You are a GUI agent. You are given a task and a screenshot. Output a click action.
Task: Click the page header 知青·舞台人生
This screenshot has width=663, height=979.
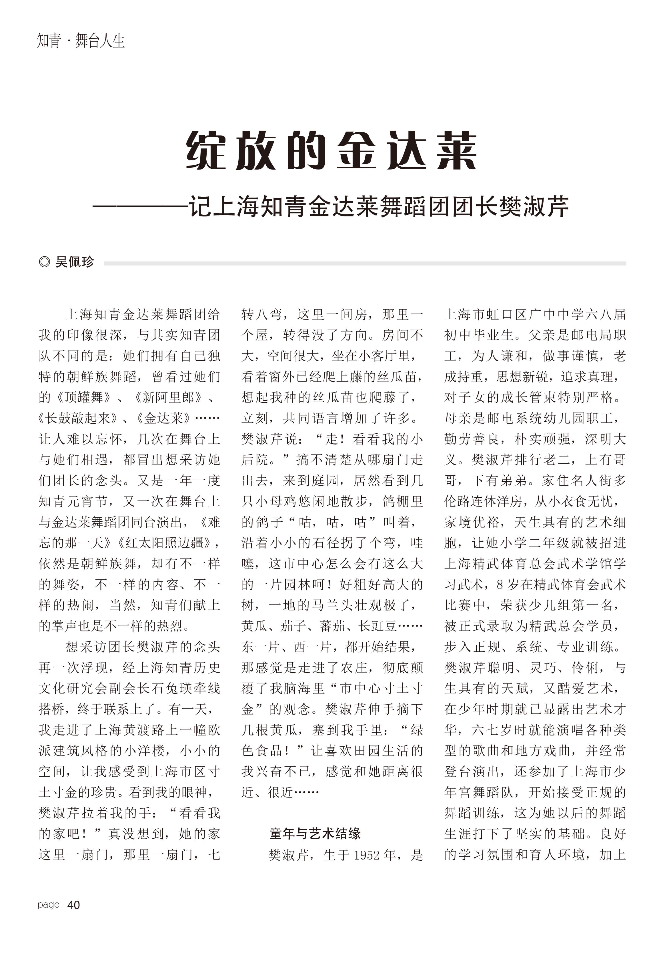[81, 41]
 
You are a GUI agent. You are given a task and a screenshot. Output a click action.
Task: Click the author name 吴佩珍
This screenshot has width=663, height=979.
[75, 262]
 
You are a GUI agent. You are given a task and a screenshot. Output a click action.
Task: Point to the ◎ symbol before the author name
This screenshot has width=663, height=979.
[44, 262]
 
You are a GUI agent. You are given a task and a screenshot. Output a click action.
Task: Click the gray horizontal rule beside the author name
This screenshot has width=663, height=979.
[364, 263]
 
